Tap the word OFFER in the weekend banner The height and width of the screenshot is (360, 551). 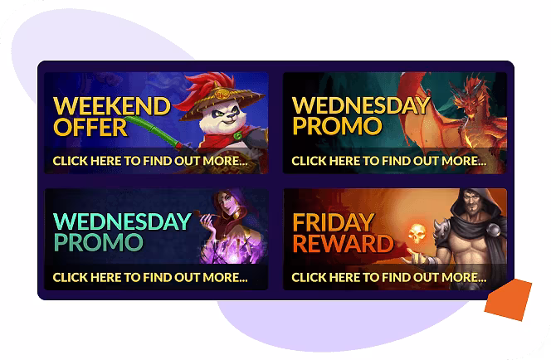click(x=90, y=128)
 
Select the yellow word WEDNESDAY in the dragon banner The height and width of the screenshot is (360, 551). click(x=361, y=106)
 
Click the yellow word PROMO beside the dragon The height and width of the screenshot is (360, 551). click(x=337, y=127)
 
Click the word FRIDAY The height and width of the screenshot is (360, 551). click(x=334, y=222)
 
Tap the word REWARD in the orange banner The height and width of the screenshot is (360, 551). click(x=343, y=243)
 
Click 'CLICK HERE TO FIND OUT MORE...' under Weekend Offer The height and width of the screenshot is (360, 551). click(x=149, y=160)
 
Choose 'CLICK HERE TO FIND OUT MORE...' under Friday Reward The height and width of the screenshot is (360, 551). click(x=388, y=276)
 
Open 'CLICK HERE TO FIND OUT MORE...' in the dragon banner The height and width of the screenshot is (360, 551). click(x=388, y=160)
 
